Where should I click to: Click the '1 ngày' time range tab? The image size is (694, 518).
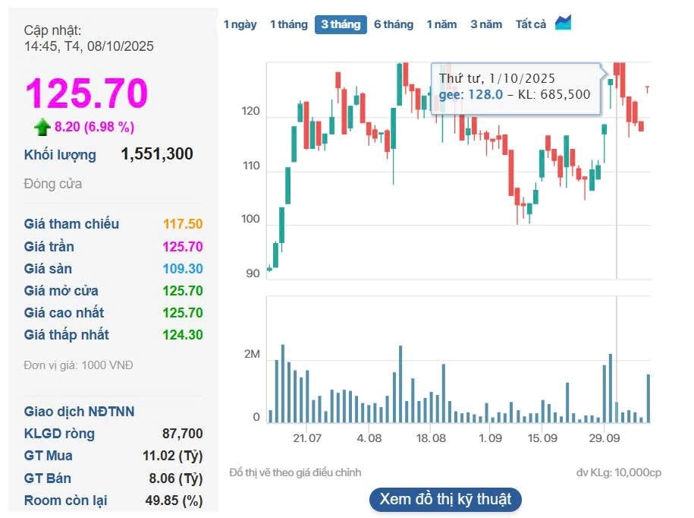(240, 24)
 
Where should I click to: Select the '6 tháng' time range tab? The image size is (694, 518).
(393, 24)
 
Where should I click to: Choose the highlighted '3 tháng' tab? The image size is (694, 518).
(341, 24)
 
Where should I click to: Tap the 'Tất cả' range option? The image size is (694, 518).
(531, 24)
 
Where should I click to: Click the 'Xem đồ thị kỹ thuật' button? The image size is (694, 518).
(445, 499)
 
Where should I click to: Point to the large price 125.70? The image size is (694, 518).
(86, 93)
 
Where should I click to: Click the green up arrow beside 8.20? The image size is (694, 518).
(42, 127)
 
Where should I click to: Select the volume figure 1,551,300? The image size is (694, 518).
(157, 154)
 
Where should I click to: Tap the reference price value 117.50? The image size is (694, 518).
(183, 224)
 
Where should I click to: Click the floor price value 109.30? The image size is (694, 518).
(183, 269)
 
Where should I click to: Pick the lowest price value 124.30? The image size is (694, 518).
(183, 335)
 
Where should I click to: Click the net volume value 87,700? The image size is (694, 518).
(183, 434)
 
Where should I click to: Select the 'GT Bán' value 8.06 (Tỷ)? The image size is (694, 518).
(180, 479)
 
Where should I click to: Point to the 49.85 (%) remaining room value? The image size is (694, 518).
(174, 501)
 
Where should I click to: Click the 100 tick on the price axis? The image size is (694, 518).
(250, 220)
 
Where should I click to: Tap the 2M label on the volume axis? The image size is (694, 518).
(251, 355)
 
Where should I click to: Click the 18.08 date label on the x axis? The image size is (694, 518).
(431, 438)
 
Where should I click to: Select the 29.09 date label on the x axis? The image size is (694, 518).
(605, 438)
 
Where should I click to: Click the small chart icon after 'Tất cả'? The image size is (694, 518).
(563, 23)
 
